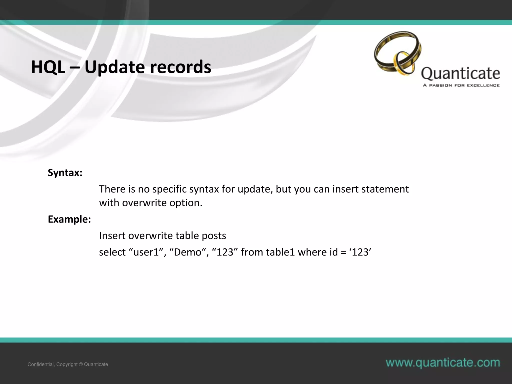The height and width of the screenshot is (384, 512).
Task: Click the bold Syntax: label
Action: (65, 173)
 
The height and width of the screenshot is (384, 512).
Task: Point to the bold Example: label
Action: (69, 219)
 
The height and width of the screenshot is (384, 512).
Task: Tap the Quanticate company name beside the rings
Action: (460, 73)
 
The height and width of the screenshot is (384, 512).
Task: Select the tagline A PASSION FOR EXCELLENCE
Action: (461, 85)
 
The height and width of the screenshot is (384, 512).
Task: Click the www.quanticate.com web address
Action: (443, 363)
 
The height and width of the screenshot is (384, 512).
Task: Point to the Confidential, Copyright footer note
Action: (68, 364)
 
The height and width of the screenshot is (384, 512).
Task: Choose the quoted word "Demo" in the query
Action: (187, 252)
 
